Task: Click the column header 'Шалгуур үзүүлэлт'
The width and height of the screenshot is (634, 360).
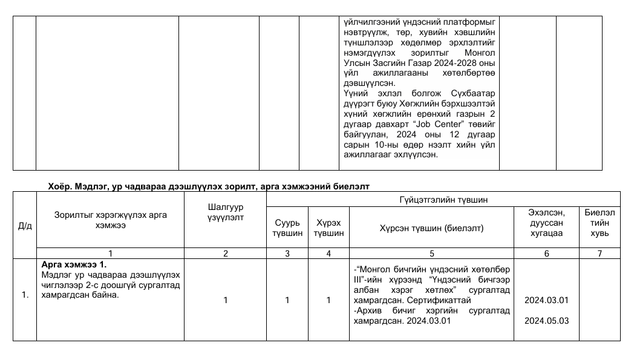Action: tap(225, 212)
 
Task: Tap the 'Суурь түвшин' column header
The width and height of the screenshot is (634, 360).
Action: tap(287, 227)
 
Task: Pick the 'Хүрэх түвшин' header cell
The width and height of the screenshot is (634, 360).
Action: tap(328, 227)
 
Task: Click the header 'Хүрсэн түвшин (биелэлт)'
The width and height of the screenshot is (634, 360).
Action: tap(431, 228)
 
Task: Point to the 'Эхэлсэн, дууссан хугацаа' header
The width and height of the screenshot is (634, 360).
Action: tap(546, 223)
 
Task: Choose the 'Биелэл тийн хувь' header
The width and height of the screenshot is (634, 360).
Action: tap(600, 223)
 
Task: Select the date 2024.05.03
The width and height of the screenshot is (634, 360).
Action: tap(546, 321)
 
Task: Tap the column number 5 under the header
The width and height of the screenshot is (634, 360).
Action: tap(431, 254)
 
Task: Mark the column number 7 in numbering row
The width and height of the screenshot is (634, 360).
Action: tap(600, 254)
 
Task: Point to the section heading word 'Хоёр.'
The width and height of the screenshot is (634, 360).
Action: tap(60, 186)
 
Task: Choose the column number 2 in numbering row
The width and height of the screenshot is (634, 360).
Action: tap(225, 254)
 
